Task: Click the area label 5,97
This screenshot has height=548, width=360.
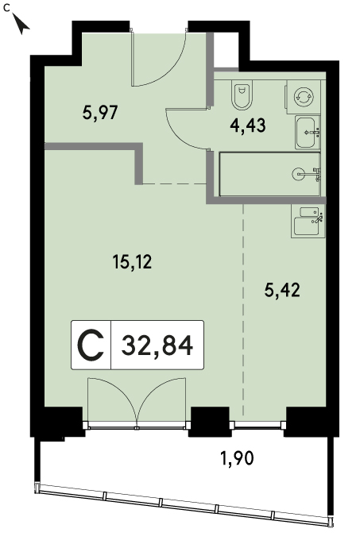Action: click(100, 113)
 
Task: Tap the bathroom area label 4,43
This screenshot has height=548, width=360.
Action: click(248, 125)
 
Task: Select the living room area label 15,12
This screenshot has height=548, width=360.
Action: click(132, 261)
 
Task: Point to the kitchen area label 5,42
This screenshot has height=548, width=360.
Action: click(282, 290)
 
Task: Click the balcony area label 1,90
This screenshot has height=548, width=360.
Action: click(237, 457)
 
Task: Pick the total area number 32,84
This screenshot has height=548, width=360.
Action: click(157, 345)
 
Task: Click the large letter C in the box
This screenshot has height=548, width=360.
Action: click(91, 345)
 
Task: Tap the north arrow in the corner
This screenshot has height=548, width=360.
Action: click(21, 24)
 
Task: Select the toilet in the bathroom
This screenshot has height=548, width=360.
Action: click(242, 95)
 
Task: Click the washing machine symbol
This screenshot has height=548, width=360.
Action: click(303, 96)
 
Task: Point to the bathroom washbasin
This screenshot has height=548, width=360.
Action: click(308, 133)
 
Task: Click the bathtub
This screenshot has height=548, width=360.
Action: click(269, 174)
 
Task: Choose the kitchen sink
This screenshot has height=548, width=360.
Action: click(308, 221)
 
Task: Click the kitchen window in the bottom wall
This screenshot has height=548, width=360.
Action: click(257, 425)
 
